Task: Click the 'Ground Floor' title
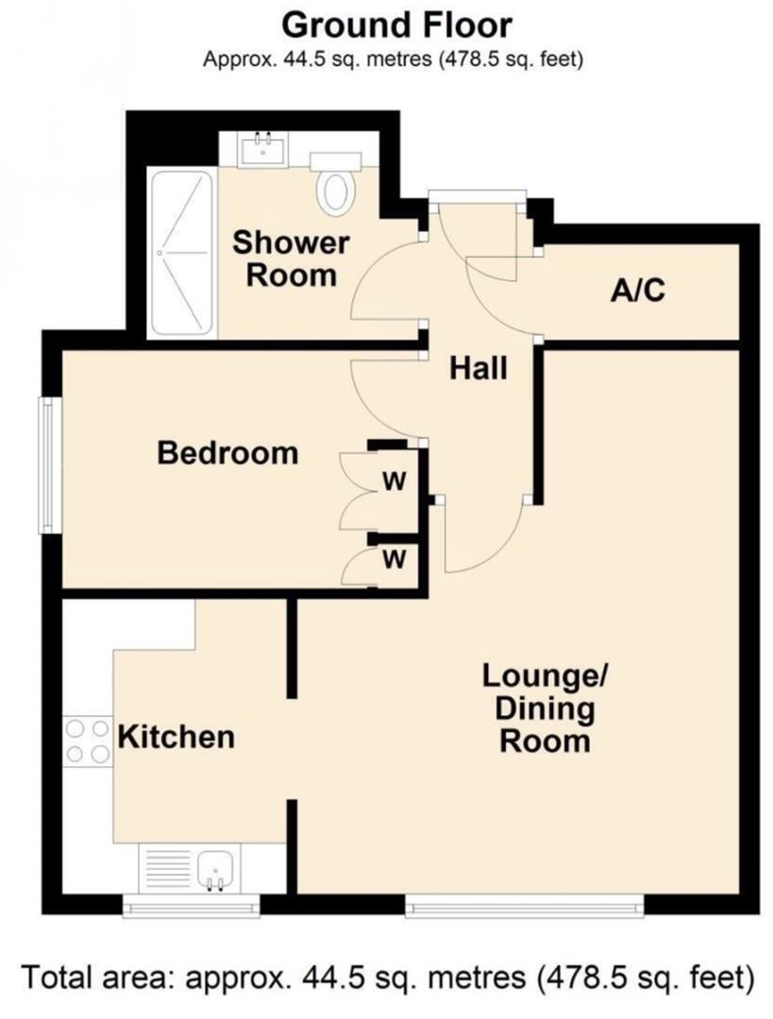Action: [x=397, y=24]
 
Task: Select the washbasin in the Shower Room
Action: [x=262, y=149]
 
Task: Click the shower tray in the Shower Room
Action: [x=180, y=253]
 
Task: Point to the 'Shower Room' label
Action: [x=290, y=259]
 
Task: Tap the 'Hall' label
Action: [x=478, y=368]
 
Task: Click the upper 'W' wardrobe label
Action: [x=394, y=482]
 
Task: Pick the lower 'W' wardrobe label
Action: [x=394, y=560]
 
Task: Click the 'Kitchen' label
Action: [x=176, y=736]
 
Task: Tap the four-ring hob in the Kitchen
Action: [x=87, y=741]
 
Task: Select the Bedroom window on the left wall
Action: [x=44, y=464]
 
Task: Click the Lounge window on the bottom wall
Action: [x=525, y=906]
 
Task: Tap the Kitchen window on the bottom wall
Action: [x=191, y=906]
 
